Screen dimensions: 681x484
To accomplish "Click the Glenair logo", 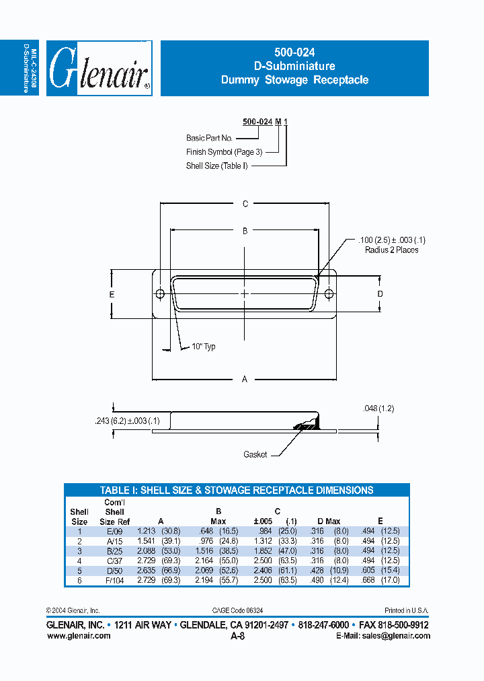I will click(99, 69).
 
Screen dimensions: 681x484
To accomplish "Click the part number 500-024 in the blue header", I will click(294, 52).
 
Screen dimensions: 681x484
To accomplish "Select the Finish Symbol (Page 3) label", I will click(224, 152).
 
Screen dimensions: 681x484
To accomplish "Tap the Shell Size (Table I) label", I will click(216, 166).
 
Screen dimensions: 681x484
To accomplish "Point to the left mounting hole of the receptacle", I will click(161, 294).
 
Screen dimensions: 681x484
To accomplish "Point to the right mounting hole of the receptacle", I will click(329, 294).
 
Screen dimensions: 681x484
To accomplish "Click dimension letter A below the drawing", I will click(245, 380).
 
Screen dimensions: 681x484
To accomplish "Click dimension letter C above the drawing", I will click(245, 204).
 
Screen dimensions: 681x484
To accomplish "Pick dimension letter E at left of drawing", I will click(112, 295).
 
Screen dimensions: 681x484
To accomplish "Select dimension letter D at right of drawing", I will click(380, 294).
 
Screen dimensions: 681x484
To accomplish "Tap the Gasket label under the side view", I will click(255, 455).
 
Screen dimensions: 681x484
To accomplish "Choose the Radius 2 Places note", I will click(391, 250).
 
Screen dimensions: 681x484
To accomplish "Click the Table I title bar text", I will click(236, 491).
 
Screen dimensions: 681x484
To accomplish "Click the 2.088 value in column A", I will click(146, 550).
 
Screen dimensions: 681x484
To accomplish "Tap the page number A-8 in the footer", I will click(237, 636).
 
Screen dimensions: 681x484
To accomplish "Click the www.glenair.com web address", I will click(79, 636).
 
